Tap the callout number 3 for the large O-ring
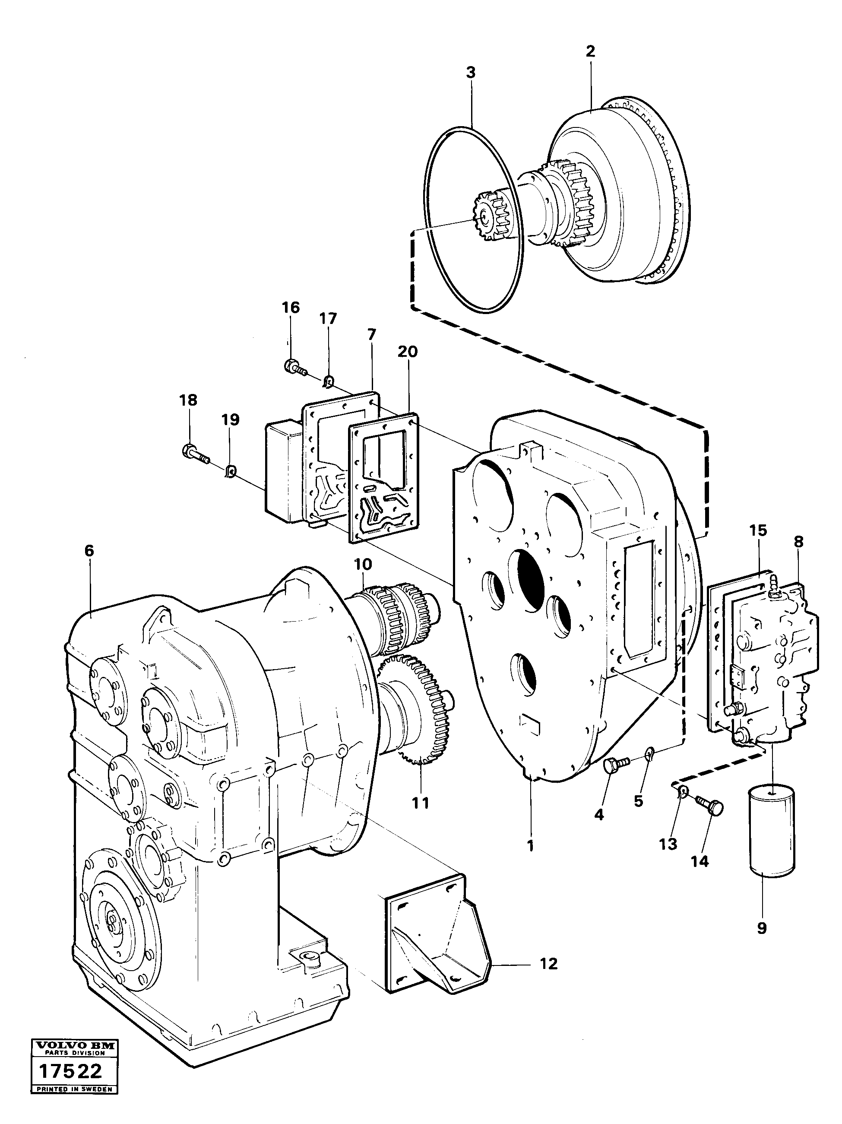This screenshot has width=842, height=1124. point(471,73)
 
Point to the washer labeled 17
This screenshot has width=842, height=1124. point(329,379)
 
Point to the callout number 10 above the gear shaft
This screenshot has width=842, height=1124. point(363,565)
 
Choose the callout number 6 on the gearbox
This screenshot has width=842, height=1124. point(90,550)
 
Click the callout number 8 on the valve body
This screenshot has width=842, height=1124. point(799,542)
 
